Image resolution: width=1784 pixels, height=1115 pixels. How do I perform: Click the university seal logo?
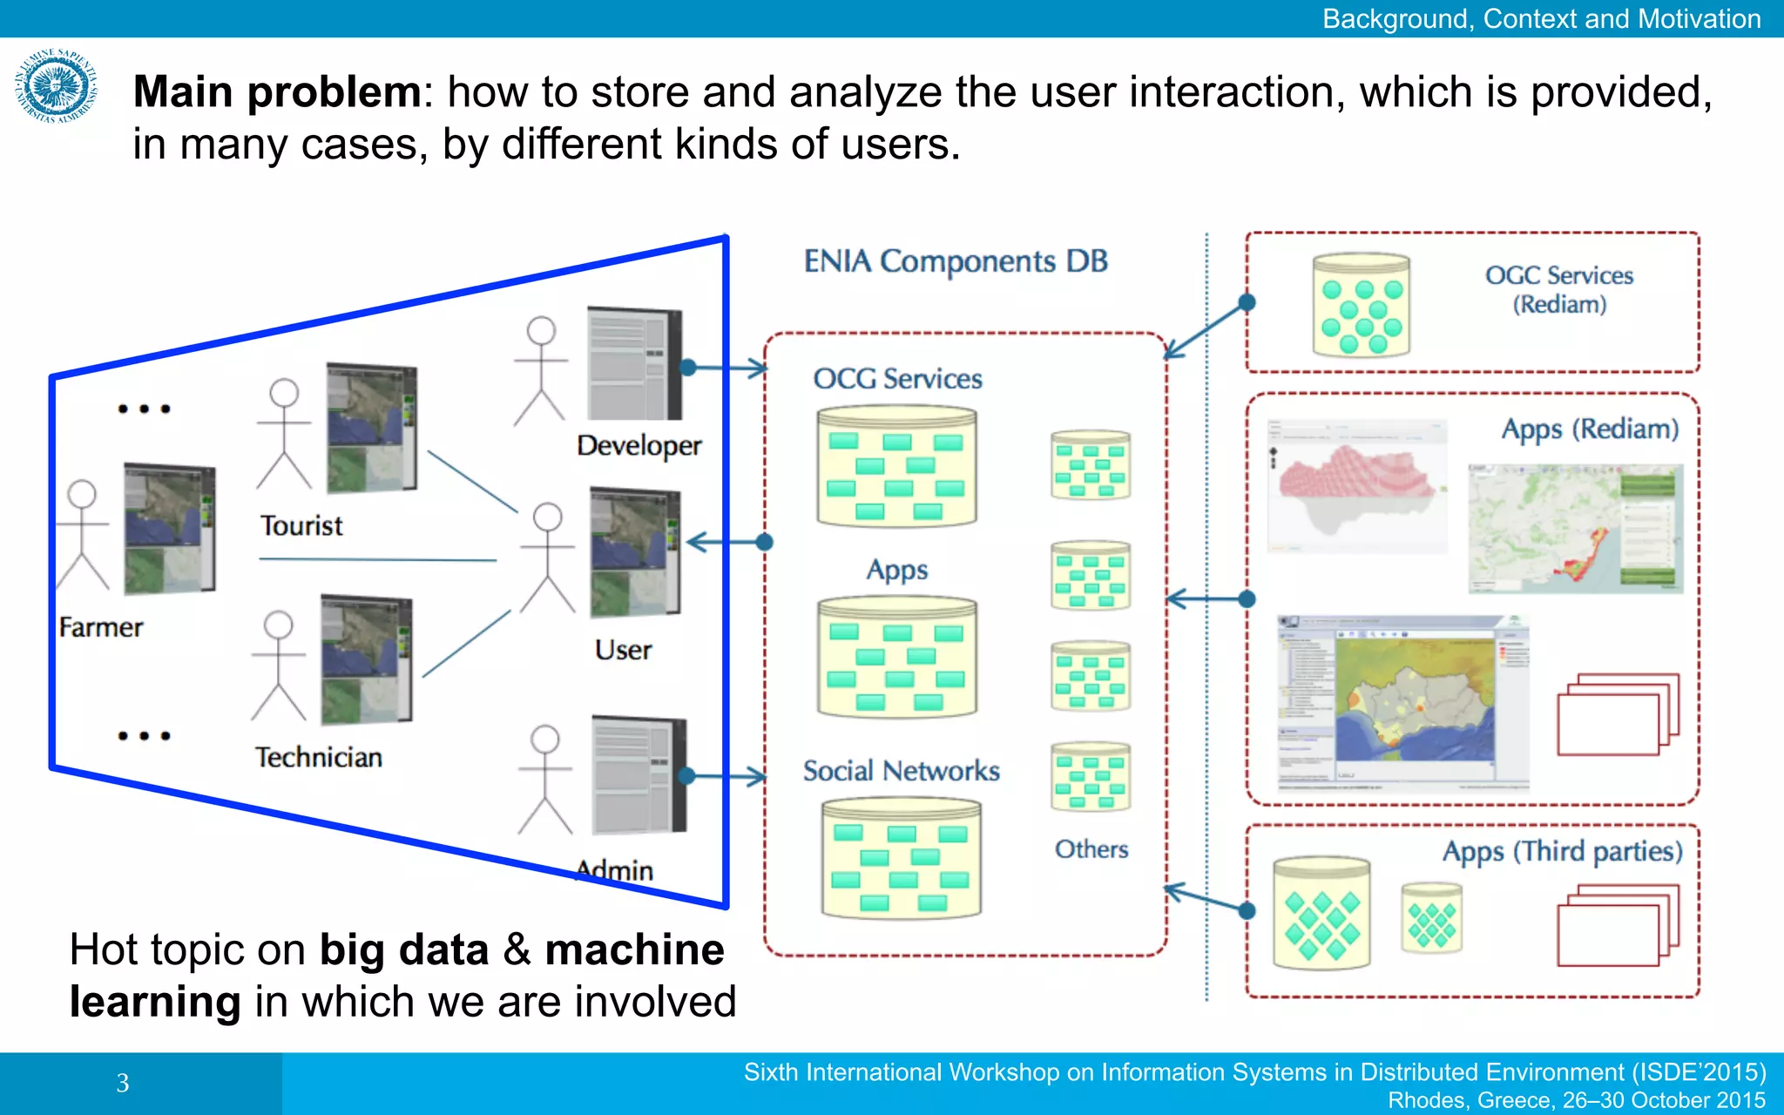click(x=56, y=86)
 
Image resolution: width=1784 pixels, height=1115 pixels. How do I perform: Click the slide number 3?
click(x=123, y=1083)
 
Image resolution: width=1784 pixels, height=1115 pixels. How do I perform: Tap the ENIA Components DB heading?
click(x=955, y=261)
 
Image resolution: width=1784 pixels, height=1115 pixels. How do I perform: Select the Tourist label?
click(x=301, y=526)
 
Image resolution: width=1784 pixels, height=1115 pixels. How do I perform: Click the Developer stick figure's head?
click(x=541, y=330)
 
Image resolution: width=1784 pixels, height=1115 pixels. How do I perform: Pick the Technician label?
click(x=319, y=757)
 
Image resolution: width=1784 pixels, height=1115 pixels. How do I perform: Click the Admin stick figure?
click(x=544, y=779)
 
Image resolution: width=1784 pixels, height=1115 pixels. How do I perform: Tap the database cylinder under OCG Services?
click(x=896, y=468)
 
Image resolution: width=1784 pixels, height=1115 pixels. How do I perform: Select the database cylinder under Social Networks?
click(x=901, y=859)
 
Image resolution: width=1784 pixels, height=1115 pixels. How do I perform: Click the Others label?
click(x=1091, y=849)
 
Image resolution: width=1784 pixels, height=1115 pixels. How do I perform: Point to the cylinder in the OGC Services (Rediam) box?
click(x=1361, y=305)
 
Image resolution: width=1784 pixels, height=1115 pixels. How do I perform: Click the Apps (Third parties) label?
click(x=1562, y=851)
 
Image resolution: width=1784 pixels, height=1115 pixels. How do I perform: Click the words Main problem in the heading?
click(x=277, y=92)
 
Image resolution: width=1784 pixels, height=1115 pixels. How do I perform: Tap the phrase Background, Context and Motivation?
click(x=1541, y=18)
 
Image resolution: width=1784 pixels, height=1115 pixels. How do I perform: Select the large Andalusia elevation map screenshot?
click(x=1402, y=701)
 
